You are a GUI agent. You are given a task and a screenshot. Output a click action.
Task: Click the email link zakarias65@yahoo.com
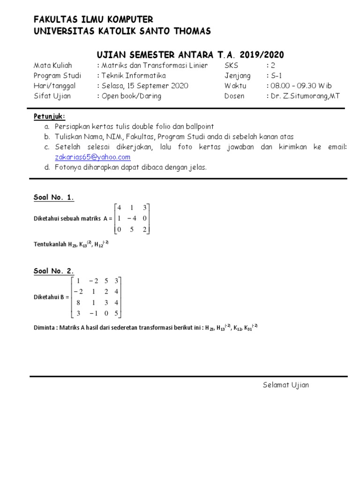92,157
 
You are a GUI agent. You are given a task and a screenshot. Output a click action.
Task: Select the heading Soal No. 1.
54,197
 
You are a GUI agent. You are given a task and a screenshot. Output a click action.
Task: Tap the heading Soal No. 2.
54,271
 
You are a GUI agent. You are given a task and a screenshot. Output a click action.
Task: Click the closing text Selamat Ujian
285,385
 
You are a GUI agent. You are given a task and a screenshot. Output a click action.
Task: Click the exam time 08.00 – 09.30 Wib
299,86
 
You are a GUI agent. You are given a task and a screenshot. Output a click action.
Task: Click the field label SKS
232,65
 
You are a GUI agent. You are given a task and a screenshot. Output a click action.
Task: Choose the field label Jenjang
238,75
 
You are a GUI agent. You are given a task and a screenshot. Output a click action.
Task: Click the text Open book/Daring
131,96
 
